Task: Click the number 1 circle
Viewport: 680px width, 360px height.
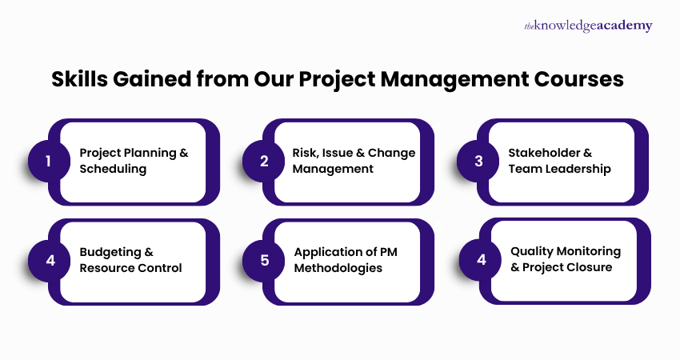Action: pos(48,161)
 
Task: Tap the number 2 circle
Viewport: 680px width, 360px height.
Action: pos(263,161)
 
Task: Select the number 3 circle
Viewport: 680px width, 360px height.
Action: pos(478,161)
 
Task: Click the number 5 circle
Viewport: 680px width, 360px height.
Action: pos(263,260)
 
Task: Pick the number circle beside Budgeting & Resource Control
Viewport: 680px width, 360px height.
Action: pos(48,260)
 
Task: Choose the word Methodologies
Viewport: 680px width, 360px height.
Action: pos(338,268)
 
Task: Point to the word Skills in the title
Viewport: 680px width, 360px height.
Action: pos(78,80)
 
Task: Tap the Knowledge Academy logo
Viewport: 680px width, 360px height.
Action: pos(588,26)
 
